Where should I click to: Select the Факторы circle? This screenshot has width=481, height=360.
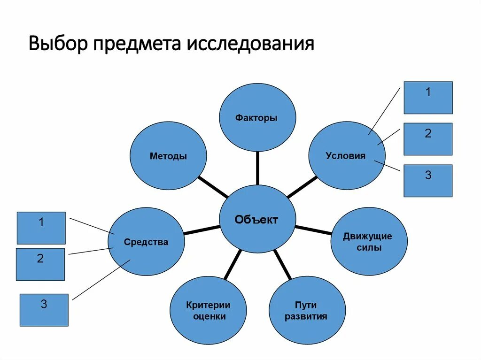point(257,118)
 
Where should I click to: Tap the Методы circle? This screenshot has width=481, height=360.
point(168,156)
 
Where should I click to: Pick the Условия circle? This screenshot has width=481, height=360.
point(346,156)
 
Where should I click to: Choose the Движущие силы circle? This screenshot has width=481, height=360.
point(369,241)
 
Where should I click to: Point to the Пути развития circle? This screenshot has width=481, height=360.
point(307,311)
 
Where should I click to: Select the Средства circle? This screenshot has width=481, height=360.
point(146,242)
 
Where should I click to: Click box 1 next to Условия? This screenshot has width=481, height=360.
point(428,98)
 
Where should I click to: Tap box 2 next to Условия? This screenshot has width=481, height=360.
point(428,139)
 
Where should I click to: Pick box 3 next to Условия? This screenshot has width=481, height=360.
point(428,181)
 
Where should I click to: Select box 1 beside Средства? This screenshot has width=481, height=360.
point(41,228)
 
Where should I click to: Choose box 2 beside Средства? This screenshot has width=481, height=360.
point(40,264)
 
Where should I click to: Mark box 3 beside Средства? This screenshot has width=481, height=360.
point(44,310)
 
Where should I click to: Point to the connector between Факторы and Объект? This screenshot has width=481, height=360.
point(257,168)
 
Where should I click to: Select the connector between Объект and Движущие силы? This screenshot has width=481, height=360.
point(313,230)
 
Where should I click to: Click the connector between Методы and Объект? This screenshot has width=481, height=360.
point(214,187)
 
